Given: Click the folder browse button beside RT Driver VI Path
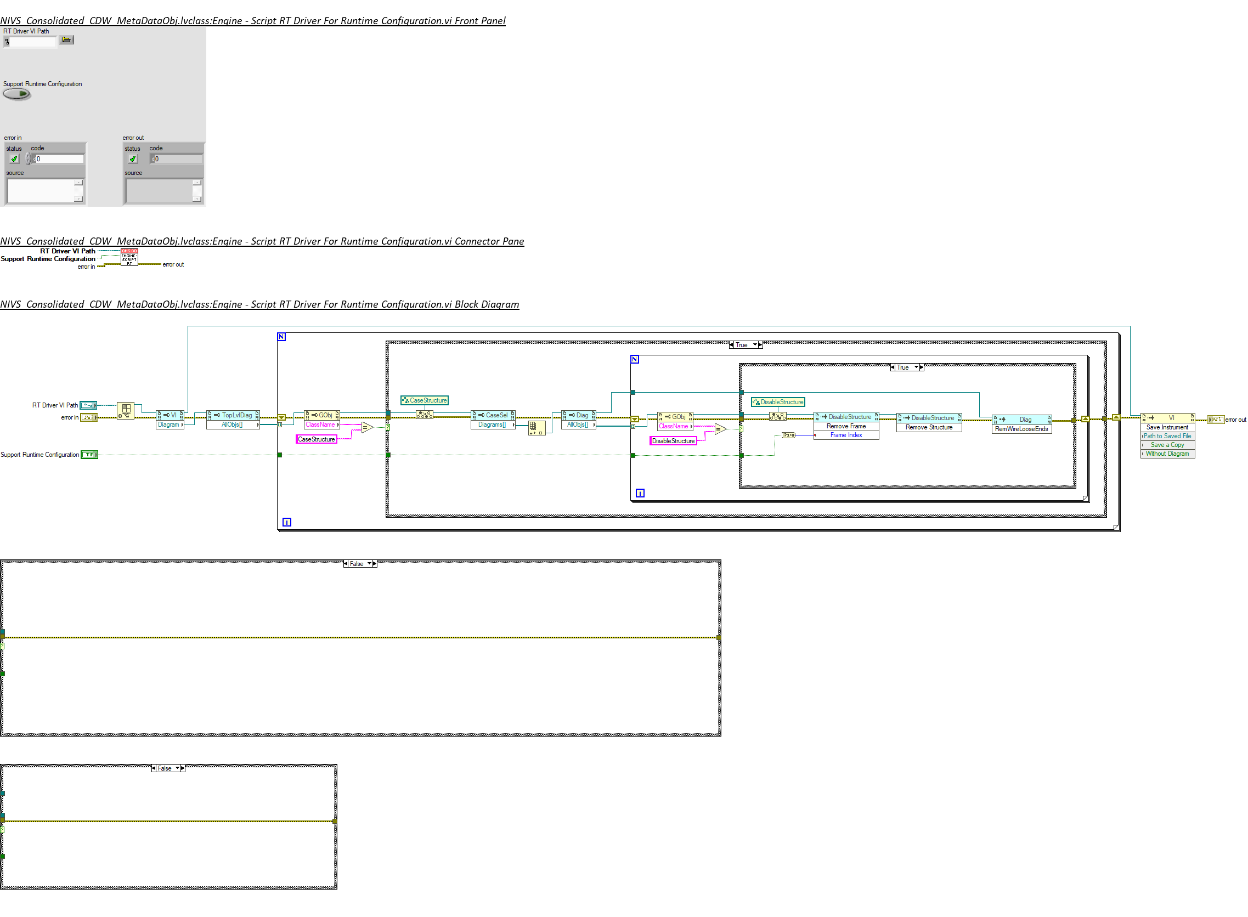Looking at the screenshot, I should point(66,40).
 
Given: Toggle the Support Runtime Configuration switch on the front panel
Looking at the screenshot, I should point(16,94).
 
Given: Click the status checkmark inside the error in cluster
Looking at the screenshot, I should point(14,159).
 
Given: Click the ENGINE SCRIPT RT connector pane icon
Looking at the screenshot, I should point(129,258).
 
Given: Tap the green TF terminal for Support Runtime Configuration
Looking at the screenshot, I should point(89,455).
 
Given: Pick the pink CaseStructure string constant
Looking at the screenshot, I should point(317,440).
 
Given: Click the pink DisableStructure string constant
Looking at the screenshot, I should point(673,441).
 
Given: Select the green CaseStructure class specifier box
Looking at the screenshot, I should point(425,401).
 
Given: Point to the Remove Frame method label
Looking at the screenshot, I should point(846,427).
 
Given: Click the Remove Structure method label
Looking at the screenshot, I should point(929,428).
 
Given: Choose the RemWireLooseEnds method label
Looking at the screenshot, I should point(1021,429).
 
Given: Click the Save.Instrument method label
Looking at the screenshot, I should point(1167,428).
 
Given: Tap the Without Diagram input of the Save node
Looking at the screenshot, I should point(1167,454).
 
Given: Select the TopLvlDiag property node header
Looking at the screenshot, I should point(233,416).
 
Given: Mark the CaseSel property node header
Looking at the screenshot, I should point(494,416).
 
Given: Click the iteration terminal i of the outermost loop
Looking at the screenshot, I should point(287,522).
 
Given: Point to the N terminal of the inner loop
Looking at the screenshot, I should point(635,360).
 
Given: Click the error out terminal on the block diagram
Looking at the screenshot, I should point(1215,420).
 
